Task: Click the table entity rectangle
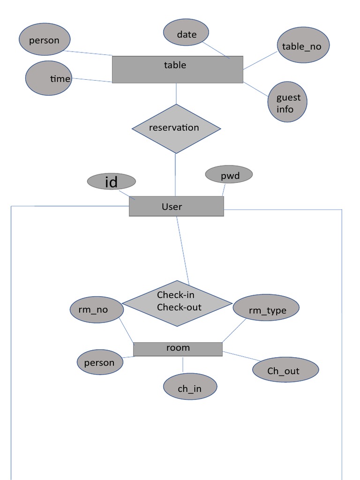point(177,69)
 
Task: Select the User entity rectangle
point(176,206)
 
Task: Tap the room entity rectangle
point(178,349)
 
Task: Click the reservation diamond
point(176,128)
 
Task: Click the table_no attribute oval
point(302,46)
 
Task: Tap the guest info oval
point(287,103)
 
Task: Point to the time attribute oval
point(49,78)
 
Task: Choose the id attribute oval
point(111,181)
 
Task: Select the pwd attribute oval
point(229,175)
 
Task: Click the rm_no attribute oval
point(97,309)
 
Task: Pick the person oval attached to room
point(100,362)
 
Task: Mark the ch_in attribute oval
point(190,387)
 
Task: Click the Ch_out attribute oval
point(285,370)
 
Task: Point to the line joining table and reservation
point(176,94)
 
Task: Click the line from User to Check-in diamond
point(183,251)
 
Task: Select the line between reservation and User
point(176,174)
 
